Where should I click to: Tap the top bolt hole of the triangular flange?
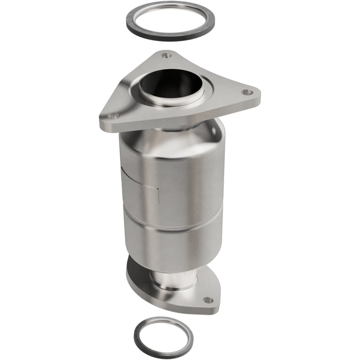(165, 56)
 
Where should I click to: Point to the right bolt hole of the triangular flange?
(247, 93)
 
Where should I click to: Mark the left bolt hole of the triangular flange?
(111, 116)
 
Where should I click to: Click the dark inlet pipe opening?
(170, 82)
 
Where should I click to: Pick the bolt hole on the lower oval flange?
(207, 300)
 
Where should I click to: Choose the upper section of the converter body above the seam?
(175, 175)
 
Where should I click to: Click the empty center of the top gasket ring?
(170, 21)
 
